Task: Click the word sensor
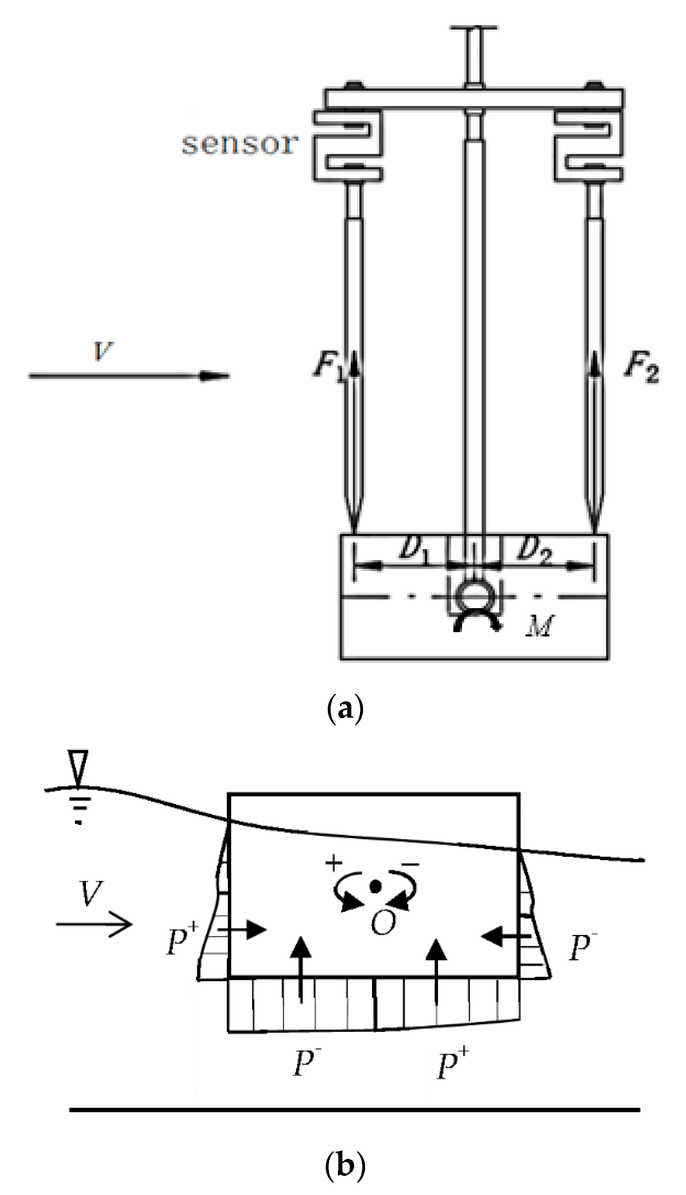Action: click(x=240, y=143)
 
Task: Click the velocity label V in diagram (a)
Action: click(x=103, y=351)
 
